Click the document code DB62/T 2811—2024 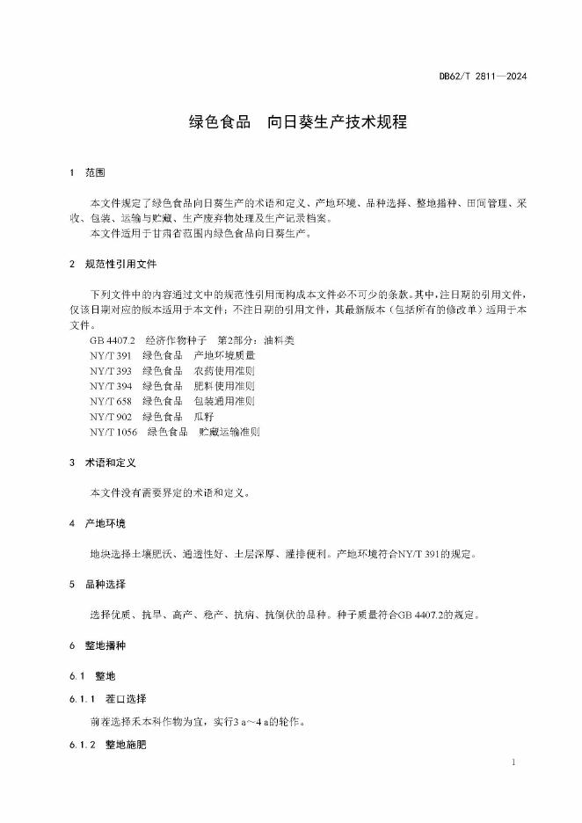(x=483, y=76)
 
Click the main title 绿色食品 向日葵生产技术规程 (x=298, y=122)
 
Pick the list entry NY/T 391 (x=110, y=355)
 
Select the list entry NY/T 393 (x=110, y=370)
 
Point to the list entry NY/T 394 (x=110, y=385)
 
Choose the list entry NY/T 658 (x=110, y=400)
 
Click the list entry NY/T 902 (x=110, y=416)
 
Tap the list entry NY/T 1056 (x=113, y=432)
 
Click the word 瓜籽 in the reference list (x=203, y=416)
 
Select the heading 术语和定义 (x=109, y=462)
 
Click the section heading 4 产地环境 (x=98, y=524)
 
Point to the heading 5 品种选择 (x=98, y=584)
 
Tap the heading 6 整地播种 (x=98, y=646)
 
